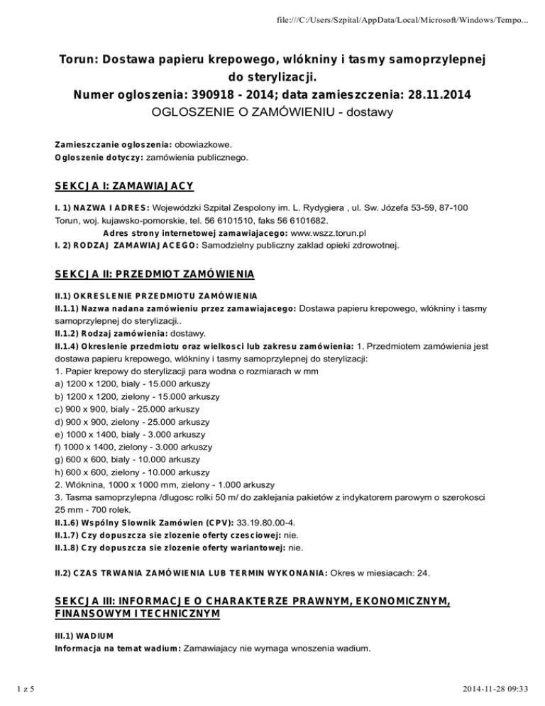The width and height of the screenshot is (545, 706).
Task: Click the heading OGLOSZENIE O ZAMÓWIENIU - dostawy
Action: pos(273,112)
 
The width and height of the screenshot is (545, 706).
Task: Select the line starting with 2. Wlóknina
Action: pos(162,486)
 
